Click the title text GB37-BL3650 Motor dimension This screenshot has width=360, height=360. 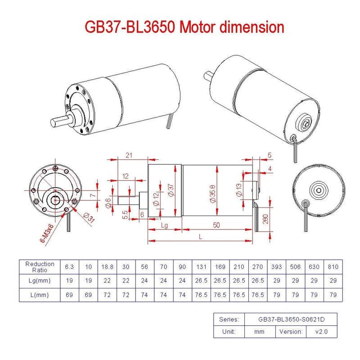[184, 27]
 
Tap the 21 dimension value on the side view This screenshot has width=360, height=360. [129, 155]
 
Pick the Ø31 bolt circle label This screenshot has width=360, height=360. [90, 219]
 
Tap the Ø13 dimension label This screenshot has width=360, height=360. [238, 190]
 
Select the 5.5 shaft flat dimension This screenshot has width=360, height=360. [125, 215]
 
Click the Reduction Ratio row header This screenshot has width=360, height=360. [40, 267]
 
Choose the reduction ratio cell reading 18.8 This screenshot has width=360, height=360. [107, 267]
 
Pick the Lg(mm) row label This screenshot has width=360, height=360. [40, 280]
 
